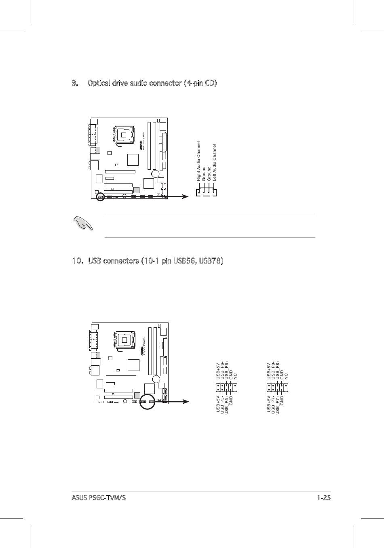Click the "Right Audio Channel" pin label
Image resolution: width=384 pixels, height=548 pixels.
pos(198,161)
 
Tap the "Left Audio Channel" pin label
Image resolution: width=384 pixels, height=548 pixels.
pos(215,162)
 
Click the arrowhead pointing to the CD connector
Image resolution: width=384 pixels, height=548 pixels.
pos(185,197)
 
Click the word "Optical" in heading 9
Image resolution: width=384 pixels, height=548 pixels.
pos(98,83)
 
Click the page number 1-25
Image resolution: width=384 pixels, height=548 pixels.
pos(324,498)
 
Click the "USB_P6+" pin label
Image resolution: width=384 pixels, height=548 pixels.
pos(227,370)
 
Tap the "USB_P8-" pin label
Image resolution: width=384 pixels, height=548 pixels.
pos(273,370)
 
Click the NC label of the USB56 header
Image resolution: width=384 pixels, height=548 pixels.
pos(236,377)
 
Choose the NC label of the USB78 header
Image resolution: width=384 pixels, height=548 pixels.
pos(287,377)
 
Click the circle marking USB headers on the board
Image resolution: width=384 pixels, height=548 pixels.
pos(147,401)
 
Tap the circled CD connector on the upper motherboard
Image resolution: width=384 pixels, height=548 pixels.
pos(100,197)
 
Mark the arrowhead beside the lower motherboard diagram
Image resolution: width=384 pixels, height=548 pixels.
pos(185,401)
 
